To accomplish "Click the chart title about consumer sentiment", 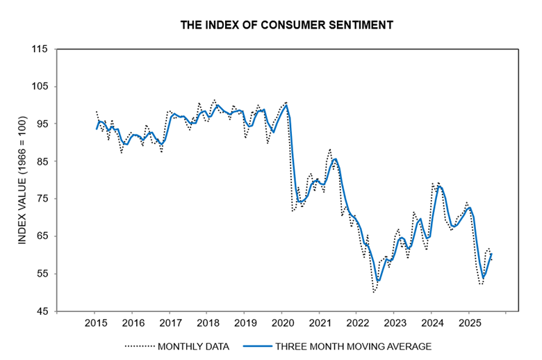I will click(287, 26).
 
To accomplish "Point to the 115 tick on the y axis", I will click(39, 49).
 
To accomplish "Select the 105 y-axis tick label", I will click(39, 87).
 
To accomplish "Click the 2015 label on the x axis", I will click(96, 323).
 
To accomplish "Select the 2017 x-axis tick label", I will click(171, 323).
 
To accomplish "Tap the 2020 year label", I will click(283, 323).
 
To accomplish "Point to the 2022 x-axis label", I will click(358, 323).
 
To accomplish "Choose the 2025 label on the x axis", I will click(470, 323).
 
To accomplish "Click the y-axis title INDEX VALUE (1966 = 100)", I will click(22, 180).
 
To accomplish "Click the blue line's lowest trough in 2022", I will click(379, 281).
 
